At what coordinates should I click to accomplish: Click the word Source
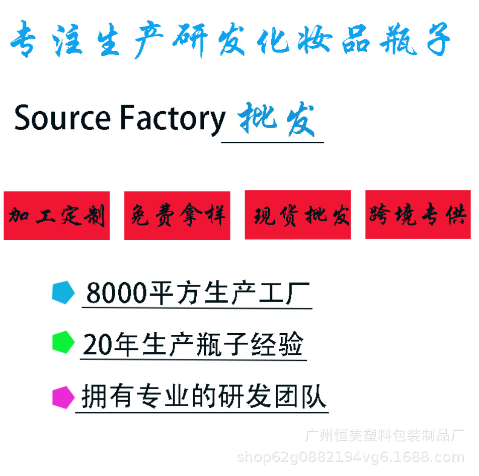click(x=62, y=118)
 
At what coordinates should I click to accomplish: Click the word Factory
click(x=173, y=119)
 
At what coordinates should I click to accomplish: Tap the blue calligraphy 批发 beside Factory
click(x=276, y=120)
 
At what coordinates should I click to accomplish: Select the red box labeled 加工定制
click(x=57, y=216)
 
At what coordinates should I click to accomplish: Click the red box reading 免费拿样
click(x=177, y=216)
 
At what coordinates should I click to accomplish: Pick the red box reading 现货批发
click(x=298, y=215)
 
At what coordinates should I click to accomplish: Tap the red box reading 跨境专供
click(x=418, y=215)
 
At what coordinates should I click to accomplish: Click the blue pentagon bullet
click(x=63, y=292)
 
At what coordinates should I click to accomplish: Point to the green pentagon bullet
click(x=63, y=342)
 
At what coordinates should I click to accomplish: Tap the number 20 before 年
click(x=98, y=345)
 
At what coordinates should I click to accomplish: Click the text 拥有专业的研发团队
click(x=203, y=397)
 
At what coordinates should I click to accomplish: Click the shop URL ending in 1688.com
click(x=350, y=457)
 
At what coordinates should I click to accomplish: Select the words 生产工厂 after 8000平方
click(x=257, y=293)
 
